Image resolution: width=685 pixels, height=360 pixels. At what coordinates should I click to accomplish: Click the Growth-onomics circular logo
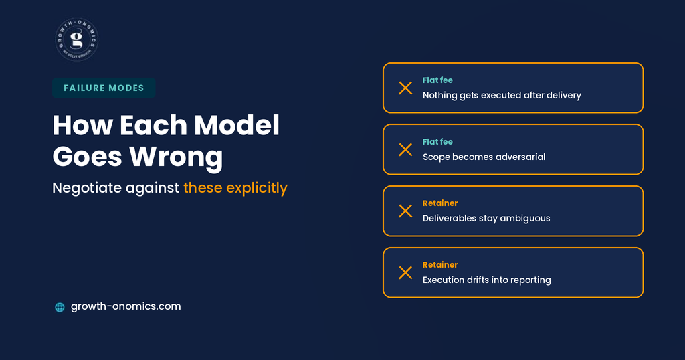[x=77, y=39]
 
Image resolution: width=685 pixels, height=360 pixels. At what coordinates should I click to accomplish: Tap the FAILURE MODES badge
[x=104, y=88]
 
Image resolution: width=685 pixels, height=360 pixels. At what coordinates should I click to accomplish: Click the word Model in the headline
[x=237, y=125]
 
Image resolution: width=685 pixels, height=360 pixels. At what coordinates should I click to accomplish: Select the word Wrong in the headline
[x=176, y=157]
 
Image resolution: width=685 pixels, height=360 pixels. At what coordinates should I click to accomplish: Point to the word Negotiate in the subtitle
[x=87, y=188]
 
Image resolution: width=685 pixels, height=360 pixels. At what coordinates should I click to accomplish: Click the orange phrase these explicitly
[x=235, y=188]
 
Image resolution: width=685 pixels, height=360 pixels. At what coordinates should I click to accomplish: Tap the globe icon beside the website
[x=60, y=307]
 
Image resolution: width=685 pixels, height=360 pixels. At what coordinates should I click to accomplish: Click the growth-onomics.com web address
[x=126, y=306]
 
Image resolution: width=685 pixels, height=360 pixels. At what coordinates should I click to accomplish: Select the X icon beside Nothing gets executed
[x=405, y=88]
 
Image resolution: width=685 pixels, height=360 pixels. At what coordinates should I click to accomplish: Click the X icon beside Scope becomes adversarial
[x=405, y=150]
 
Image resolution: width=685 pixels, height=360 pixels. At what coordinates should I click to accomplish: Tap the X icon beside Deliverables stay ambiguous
[x=405, y=211]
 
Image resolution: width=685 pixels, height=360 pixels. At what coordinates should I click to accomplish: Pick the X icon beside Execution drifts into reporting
[x=405, y=273]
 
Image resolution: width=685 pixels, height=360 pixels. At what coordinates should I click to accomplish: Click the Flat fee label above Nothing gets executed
[x=437, y=80]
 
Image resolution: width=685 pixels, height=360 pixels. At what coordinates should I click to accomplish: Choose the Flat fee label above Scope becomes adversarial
[x=437, y=142]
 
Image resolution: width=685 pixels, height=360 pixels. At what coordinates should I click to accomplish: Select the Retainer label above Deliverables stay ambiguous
[x=440, y=203]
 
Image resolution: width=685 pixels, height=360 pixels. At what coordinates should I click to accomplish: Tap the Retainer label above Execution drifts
[x=440, y=265]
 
